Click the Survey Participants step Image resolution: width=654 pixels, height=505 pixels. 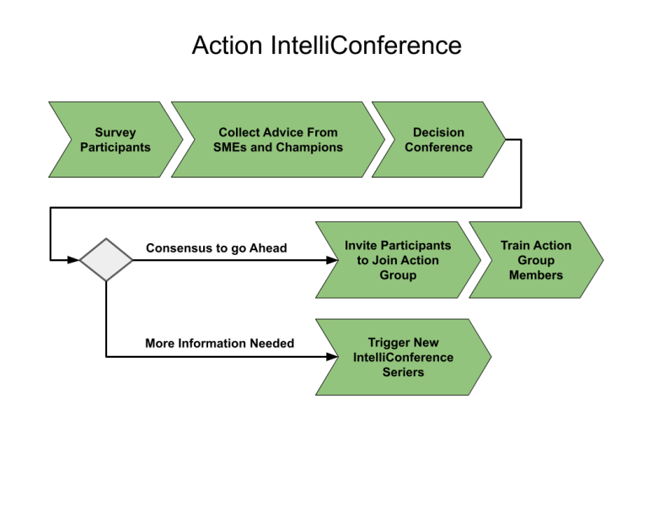coord(115,140)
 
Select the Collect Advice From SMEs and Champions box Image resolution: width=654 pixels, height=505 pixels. coord(277,140)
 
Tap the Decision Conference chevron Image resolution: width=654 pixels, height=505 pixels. coord(438,140)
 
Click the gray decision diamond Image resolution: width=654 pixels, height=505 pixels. coord(106,260)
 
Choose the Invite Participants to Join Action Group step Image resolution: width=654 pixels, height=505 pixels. coord(398,260)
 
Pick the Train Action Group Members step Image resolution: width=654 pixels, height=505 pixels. coord(535,260)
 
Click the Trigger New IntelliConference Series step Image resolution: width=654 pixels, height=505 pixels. coord(403,357)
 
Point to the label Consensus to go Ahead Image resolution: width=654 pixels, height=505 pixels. coord(217,248)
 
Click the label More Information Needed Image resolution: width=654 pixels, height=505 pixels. coord(220,343)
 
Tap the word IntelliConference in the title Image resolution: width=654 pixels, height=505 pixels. coord(366,45)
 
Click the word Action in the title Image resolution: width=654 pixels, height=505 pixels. coord(227,45)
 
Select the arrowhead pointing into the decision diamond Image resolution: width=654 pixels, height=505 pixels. coord(75,260)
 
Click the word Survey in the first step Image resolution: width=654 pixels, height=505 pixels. coord(115,133)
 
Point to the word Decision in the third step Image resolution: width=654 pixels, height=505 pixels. coord(438,133)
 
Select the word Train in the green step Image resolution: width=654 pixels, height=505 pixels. coord(516,246)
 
